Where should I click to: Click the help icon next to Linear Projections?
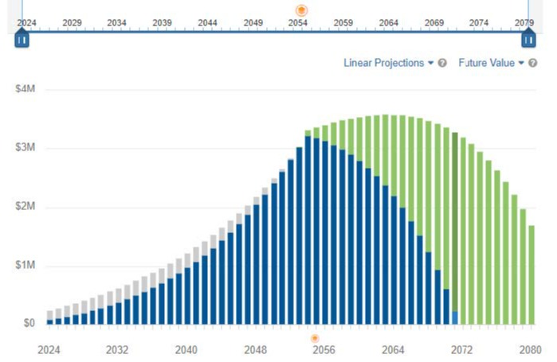442,63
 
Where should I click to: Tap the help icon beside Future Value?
533,63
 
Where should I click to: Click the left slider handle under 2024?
22,39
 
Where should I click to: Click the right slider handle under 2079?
527,39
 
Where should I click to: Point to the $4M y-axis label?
25,90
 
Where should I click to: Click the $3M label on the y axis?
25,148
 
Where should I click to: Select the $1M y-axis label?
25,265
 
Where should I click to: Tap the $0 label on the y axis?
28,323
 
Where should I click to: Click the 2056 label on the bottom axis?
323,349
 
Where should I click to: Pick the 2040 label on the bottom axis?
186,349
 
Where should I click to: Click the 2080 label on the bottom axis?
530,349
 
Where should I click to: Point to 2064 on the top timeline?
389,23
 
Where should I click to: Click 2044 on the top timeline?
207,23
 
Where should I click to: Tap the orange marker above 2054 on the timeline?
301,10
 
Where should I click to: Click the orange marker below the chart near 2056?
315,338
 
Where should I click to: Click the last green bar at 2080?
532,274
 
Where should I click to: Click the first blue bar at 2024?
49,321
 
